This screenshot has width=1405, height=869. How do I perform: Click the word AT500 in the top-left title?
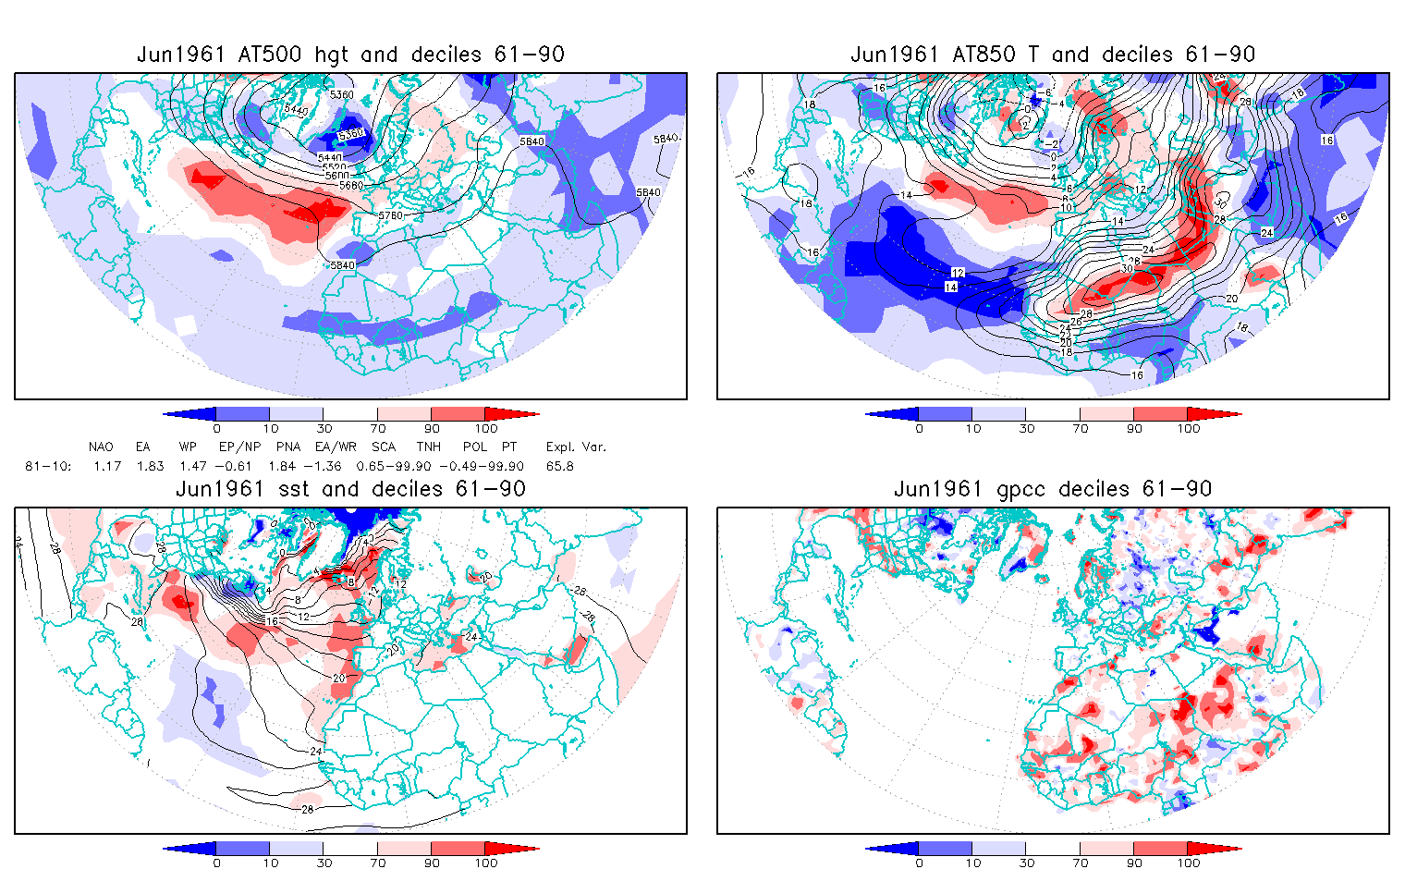pos(269,55)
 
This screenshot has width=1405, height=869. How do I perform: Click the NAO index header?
pos(101,447)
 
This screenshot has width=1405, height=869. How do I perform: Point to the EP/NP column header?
pos(239,447)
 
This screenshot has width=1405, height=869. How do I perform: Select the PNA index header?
pos(283,447)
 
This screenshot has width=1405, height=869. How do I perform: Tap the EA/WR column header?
pos(329,447)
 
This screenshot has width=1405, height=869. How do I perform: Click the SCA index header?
pos(383,447)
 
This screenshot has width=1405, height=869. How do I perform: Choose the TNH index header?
pos(430,447)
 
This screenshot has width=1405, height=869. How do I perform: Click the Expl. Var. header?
pos(576,447)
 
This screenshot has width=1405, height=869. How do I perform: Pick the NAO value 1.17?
pos(107,466)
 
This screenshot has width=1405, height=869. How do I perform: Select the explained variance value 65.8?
pos(559,466)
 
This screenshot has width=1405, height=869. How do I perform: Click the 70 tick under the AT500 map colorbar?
pos(377,428)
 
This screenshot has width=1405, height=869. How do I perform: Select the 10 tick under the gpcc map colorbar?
pos(972,863)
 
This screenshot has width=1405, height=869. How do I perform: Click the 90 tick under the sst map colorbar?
pos(432,863)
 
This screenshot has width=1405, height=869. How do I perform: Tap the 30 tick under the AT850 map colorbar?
pos(1026,428)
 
